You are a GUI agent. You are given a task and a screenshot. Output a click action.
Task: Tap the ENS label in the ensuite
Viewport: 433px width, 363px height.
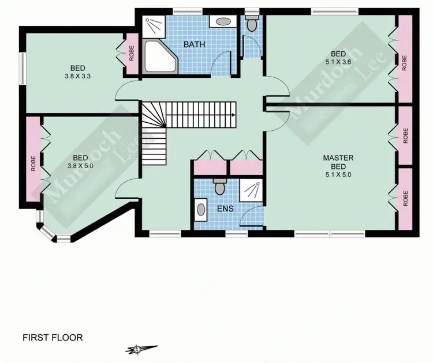coord(225,208)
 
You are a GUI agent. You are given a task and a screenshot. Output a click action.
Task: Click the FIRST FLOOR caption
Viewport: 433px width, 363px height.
coord(53,338)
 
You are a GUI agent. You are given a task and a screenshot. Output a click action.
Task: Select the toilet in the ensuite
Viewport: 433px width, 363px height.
coord(219,186)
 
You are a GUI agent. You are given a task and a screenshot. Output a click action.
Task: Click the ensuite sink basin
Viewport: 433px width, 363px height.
coord(201,209)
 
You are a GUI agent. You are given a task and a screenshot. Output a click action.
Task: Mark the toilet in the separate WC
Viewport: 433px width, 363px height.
coord(252,24)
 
